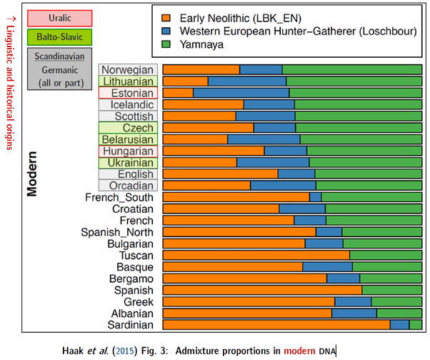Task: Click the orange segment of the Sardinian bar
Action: pyautogui.click(x=276, y=324)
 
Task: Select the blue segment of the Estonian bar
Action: pyautogui.click(x=241, y=93)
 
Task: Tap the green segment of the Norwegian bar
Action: pyautogui.click(x=352, y=69)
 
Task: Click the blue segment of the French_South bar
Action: pyautogui.click(x=315, y=196)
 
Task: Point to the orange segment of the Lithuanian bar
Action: pyautogui.click(x=185, y=81)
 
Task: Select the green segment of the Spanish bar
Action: pyautogui.click(x=392, y=290)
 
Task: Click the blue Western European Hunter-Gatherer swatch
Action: pyautogui.click(x=166, y=31)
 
